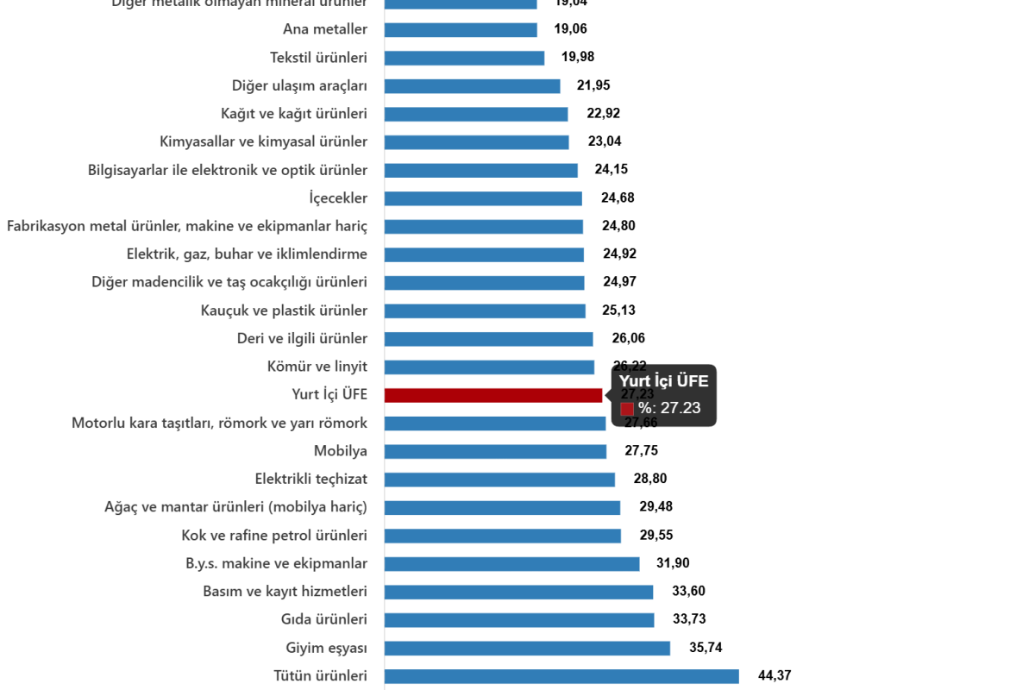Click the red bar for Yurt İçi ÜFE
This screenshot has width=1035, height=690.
pyautogui.click(x=492, y=395)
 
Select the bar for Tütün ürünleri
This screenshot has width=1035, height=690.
pyautogui.click(x=561, y=676)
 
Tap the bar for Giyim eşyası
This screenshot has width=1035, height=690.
pyautogui.click(x=527, y=648)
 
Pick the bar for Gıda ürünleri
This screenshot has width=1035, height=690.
pyautogui.click(x=518, y=620)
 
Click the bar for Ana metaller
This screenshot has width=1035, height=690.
pyautogui.click(x=461, y=30)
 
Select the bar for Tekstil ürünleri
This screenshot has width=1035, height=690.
pyautogui.click(x=464, y=58)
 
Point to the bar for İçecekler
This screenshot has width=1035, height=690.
pyautogui.click(x=482, y=198)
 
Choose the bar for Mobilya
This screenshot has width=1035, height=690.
pyautogui.click(x=495, y=451)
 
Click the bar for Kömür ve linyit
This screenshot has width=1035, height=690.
pyautogui.click(x=489, y=367)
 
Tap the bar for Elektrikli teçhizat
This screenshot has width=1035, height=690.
pyautogui.click(x=499, y=480)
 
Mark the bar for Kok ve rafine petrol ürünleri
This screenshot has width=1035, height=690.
pyautogui.click(x=502, y=536)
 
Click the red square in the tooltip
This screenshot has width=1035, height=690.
pyautogui.click(x=627, y=409)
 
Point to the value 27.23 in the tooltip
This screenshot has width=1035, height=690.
pyautogui.click(x=680, y=408)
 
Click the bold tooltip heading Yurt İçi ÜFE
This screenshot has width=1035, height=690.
pyautogui.click(x=663, y=381)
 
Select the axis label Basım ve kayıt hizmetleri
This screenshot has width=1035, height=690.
pyautogui.click(x=285, y=592)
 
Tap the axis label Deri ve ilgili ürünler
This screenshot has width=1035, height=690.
pyautogui.click(x=302, y=339)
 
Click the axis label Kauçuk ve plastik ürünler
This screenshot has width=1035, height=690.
pyautogui.click(x=284, y=310)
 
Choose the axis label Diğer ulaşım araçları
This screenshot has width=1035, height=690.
pyautogui.click(x=299, y=85)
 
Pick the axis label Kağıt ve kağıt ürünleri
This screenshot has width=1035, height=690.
pyautogui.click(x=293, y=114)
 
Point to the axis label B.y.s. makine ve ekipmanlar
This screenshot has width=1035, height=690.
pyautogui.click(x=276, y=564)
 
